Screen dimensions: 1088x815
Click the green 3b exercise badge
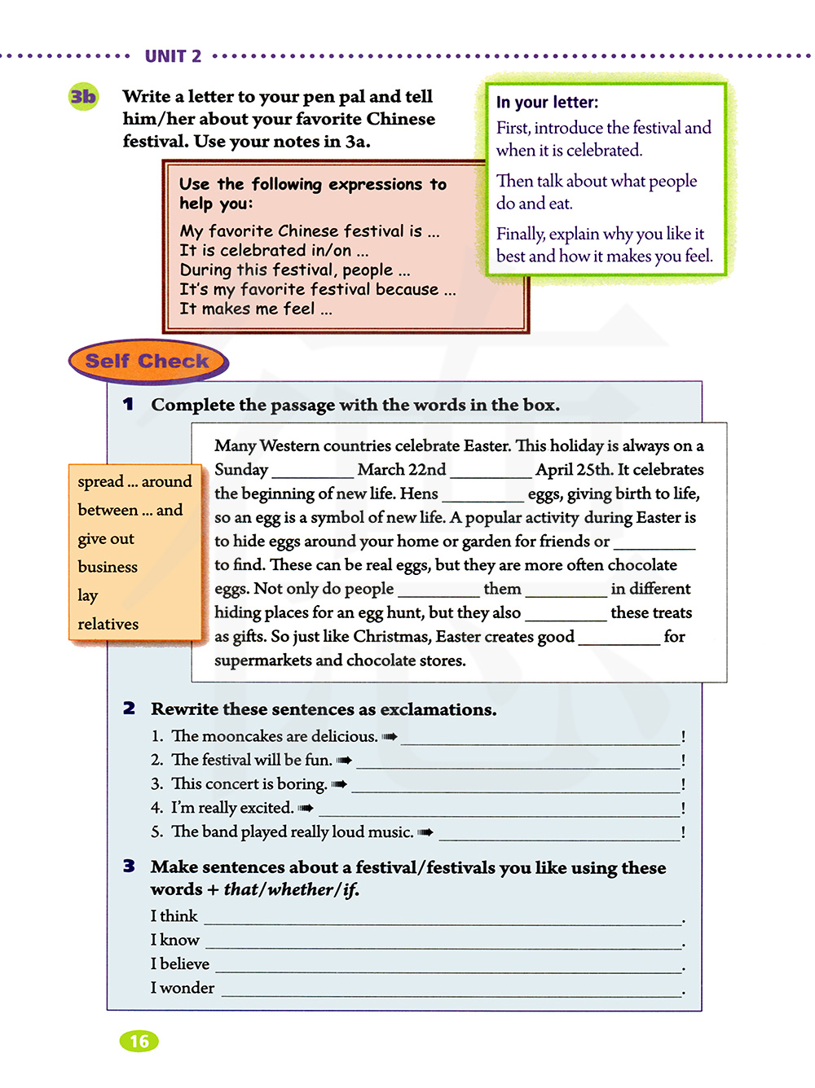(83, 97)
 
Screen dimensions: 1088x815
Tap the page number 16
(139, 1041)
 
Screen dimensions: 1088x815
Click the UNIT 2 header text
(173, 56)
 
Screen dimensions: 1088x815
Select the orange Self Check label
(148, 361)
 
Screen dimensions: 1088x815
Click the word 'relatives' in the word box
(108, 624)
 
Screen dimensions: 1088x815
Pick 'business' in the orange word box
(108, 567)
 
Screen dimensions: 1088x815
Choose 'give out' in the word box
(106, 538)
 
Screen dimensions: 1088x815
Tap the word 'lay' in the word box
(87, 595)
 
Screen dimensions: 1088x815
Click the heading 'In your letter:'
(547, 103)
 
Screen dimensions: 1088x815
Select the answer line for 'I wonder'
(452, 992)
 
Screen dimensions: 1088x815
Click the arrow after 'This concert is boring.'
(339, 784)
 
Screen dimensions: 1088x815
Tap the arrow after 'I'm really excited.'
(306, 808)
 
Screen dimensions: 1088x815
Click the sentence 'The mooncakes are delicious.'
(274, 736)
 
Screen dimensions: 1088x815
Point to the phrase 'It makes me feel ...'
(255, 309)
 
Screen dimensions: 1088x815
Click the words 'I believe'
(180, 964)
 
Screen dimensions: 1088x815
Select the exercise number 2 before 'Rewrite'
(130, 709)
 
